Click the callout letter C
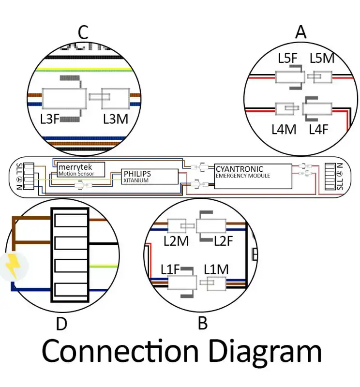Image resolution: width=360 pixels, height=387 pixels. coord(83,33)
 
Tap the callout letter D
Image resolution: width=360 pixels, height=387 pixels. coord(61,324)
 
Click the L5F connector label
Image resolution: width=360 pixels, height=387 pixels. coord(288,59)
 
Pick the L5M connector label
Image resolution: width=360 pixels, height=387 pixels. coord(322,59)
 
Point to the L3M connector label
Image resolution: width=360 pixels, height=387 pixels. coord(116,119)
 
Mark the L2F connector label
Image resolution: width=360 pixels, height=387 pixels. coord(224,241)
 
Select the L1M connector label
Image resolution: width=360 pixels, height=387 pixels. coord(216,269)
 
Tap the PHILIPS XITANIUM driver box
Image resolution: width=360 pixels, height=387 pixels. coord(150,176)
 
